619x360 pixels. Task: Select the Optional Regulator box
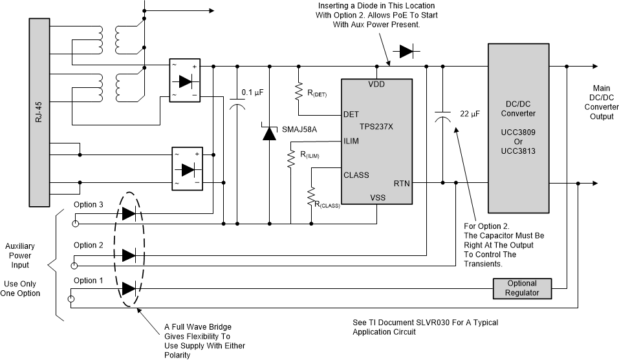tap(521, 288)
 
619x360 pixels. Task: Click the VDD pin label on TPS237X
tap(377, 85)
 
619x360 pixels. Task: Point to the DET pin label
tap(351, 114)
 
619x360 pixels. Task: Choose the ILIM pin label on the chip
tap(352, 141)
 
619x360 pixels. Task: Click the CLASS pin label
tap(356, 175)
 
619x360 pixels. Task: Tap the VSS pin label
tap(378, 198)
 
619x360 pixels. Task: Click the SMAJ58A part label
tap(299, 130)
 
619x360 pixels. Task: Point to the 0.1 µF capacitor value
tap(252, 92)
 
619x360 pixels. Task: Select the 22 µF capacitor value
tap(469, 114)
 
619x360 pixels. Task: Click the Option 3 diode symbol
tap(129, 213)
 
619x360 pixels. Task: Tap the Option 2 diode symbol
tap(129, 255)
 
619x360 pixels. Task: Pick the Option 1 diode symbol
tap(129, 288)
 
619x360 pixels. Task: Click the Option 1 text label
tap(89, 281)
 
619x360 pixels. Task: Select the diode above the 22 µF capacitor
tap(406, 50)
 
